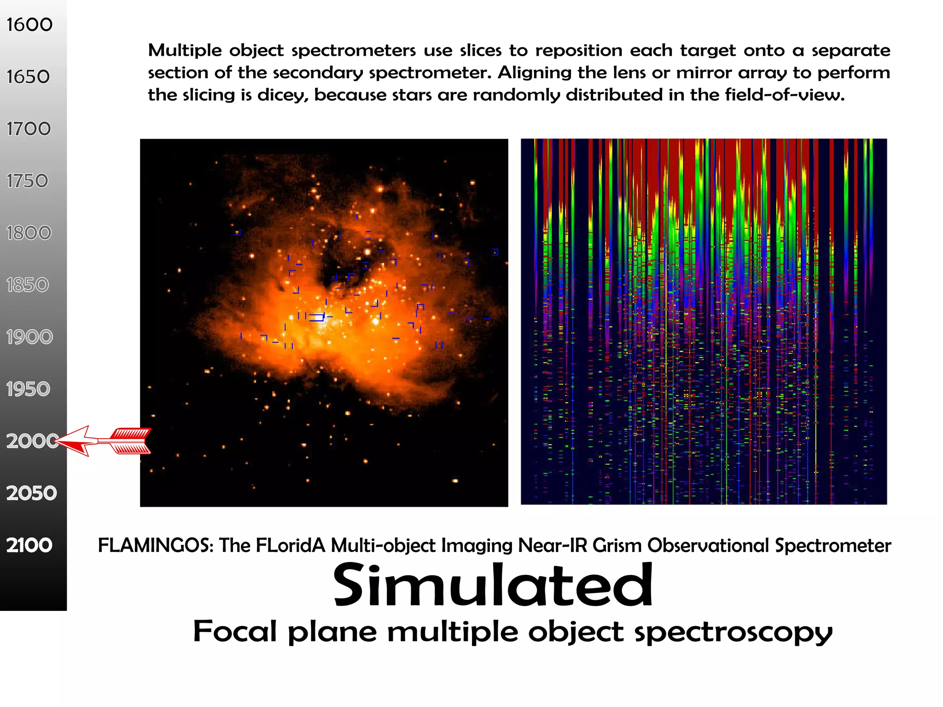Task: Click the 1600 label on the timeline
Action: tap(29, 25)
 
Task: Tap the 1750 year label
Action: tap(27, 181)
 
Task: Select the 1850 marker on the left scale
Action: tap(28, 285)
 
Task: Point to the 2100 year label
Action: tap(29, 545)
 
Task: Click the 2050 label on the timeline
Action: tap(31, 493)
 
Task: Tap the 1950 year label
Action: tap(28, 389)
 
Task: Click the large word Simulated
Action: tap(493, 585)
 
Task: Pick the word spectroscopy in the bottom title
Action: tap(733, 632)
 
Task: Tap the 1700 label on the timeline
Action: tap(29, 129)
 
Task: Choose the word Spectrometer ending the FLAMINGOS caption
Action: tap(832, 546)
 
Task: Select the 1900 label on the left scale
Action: tap(29, 337)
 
